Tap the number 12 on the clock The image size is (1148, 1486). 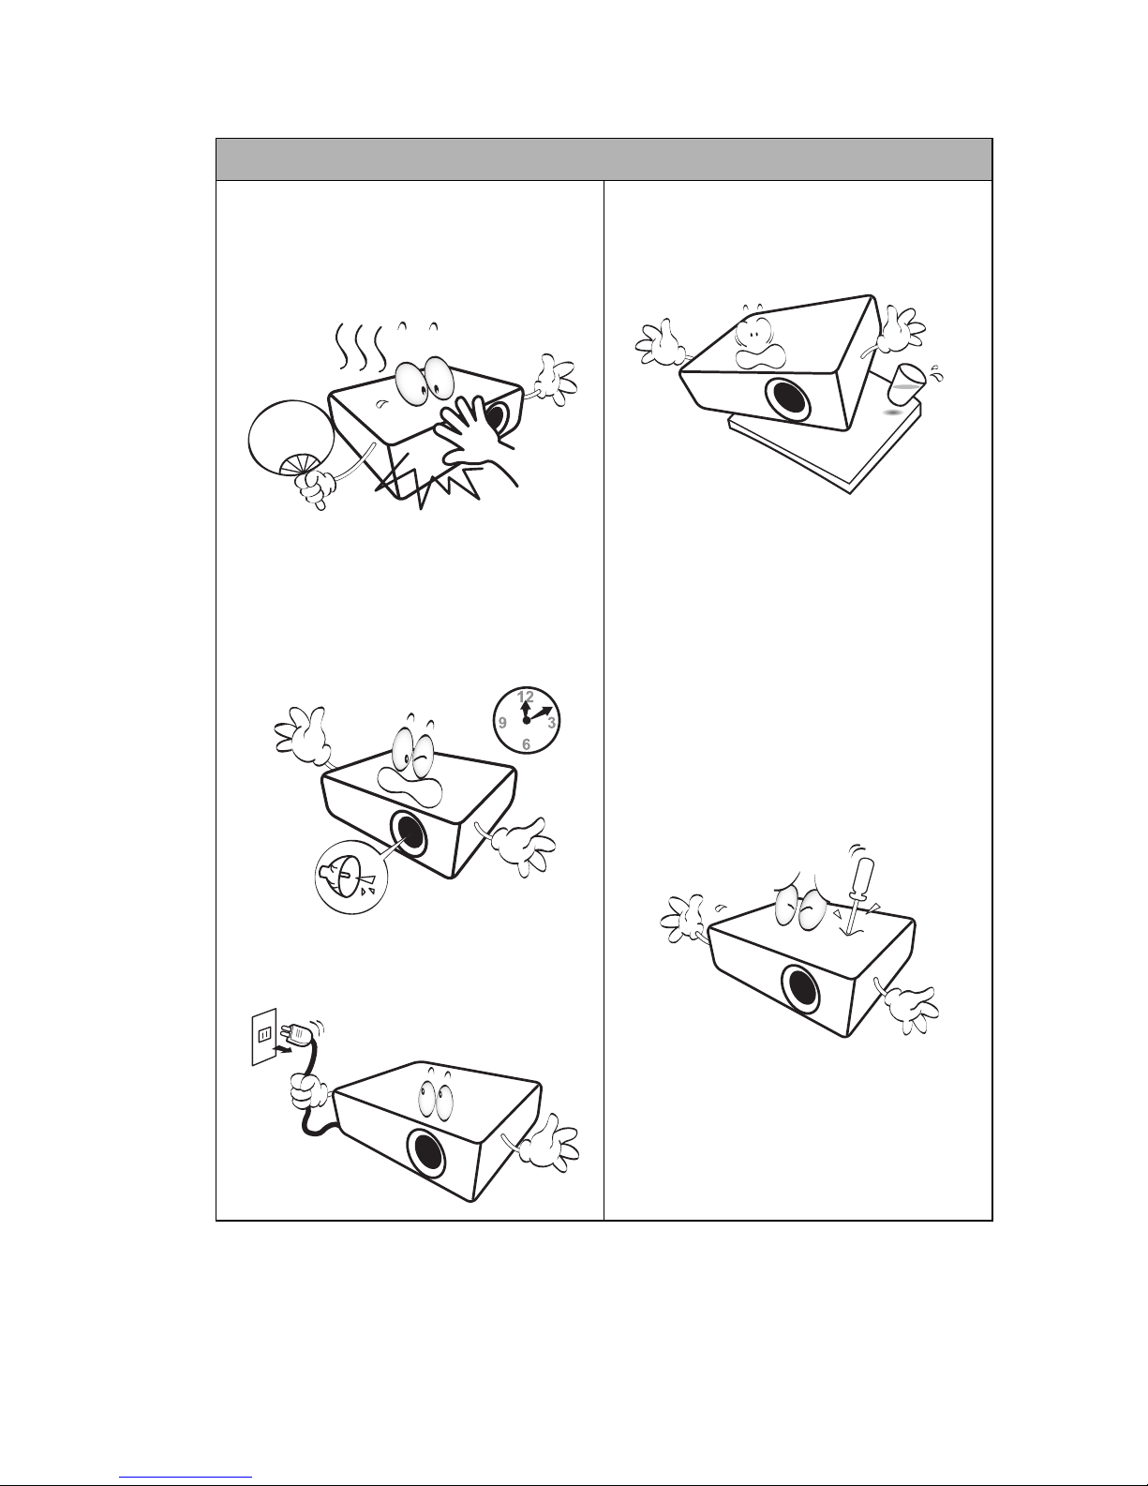click(526, 697)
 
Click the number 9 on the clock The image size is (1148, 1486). click(502, 722)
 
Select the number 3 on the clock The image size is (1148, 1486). click(551, 722)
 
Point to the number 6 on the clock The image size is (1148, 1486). click(526, 744)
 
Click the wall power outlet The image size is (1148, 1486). click(264, 1036)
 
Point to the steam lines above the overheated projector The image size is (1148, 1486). click(361, 346)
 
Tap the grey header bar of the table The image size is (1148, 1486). click(604, 159)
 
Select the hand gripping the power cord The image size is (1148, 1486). click(310, 1092)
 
